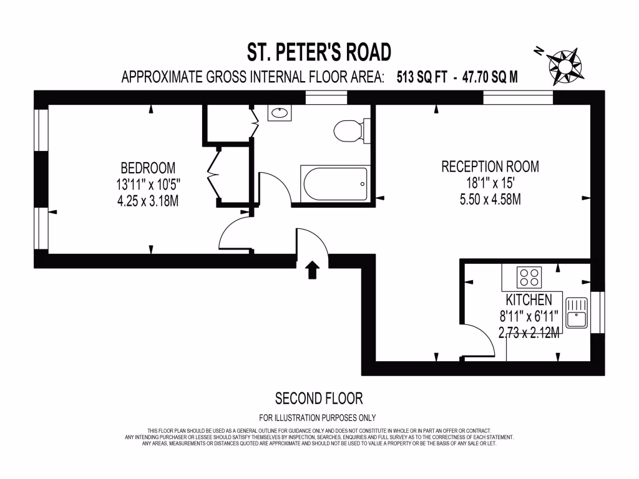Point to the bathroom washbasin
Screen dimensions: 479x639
coord(279,113)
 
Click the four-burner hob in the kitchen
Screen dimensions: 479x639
coord(530,275)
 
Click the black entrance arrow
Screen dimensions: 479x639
coord(312,269)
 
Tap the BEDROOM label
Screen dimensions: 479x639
coord(148,168)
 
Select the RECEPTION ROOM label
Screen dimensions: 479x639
coord(490,167)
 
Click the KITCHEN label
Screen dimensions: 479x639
coord(529,299)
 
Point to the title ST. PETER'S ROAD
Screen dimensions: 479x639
coord(319,51)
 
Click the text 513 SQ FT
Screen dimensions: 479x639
coord(422,77)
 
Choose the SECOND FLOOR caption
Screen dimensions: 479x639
coord(318,398)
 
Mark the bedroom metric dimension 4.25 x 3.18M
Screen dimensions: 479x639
coord(148,201)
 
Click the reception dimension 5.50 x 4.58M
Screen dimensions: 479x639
coord(490,200)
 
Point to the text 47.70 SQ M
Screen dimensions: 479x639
coord(489,77)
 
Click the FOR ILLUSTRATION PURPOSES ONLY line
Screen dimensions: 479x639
coord(318,418)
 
